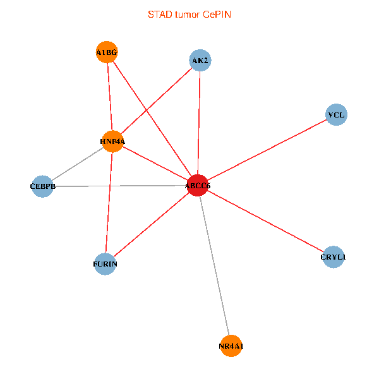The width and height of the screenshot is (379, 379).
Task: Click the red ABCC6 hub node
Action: tap(198, 185)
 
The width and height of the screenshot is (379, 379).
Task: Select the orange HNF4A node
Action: tap(112, 141)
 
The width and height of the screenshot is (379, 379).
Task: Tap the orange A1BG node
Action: tap(107, 52)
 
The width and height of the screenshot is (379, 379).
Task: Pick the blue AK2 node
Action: tap(200, 61)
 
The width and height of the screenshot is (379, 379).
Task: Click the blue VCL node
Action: tap(336, 115)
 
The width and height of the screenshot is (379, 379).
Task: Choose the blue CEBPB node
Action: tap(42, 186)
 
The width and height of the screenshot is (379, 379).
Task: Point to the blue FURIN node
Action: tap(105, 263)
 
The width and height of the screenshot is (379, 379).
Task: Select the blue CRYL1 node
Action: tap(333, 257)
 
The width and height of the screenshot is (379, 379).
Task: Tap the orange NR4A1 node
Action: tap(231, 346)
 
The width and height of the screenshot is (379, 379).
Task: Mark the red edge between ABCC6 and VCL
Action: tap(267, 150)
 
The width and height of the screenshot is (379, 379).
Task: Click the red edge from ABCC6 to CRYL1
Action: tap(265, 221)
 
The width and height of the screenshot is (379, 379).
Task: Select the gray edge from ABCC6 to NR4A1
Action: tap(215, 265)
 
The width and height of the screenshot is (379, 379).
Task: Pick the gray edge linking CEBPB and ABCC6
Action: tap(120, 186)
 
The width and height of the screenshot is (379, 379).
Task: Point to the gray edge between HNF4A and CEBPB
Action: tap(77, 164)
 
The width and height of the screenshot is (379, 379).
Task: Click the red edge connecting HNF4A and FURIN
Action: tap(109, 202)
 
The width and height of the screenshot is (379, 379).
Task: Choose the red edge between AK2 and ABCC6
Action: tap(199, 123)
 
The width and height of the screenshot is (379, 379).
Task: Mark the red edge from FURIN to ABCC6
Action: tap(152, 224)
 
